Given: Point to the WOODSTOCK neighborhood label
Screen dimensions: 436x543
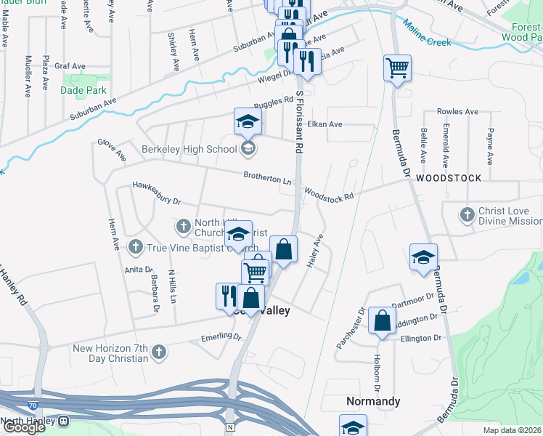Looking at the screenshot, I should [x=449, y=178].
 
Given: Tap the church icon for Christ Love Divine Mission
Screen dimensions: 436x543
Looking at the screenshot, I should [x=468, y=215].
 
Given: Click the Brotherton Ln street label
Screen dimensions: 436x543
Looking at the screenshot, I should [x=267, y=176].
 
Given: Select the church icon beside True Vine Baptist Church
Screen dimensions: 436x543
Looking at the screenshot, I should [x=135, y=247].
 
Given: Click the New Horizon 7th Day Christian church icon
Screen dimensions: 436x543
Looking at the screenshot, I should [x=159, y=353].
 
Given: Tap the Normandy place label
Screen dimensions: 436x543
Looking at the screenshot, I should [x=372, y=401].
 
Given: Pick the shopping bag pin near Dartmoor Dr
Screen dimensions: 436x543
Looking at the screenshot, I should [x=382, y=320].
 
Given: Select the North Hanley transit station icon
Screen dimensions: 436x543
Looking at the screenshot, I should [x=64, y=421].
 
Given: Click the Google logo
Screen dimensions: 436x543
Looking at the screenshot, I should [x=25, y=427].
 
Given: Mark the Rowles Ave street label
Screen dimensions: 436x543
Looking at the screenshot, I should [x=457, y=112].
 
